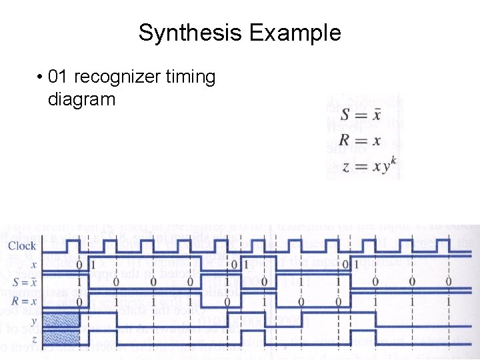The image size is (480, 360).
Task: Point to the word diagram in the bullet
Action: [x=82, y=100]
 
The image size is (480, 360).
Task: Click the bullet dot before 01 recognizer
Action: [x=41, y=78]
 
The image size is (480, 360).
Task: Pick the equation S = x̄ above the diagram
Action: [x=360, y=115]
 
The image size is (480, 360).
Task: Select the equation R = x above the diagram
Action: [x=360, y=140]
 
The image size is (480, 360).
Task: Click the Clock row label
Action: [x=22, y=246]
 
